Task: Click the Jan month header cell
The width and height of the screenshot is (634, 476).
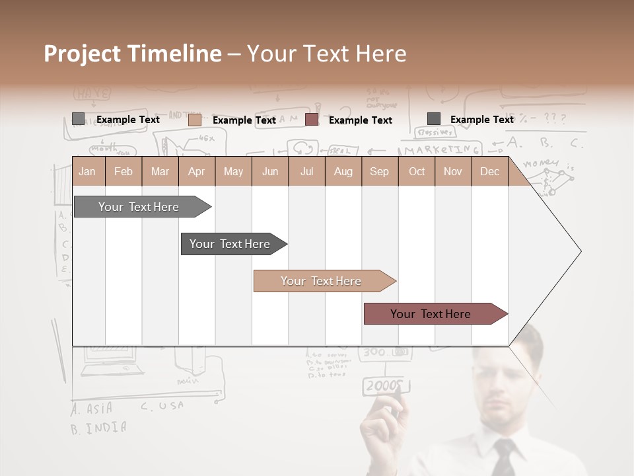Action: [88, 171]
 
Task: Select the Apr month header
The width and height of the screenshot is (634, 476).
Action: [197, 171]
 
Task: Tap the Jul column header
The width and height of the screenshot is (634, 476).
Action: [307, 171]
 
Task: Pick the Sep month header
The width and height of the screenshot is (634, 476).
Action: [379, 171]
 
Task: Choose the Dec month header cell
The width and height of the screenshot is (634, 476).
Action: [489, 171]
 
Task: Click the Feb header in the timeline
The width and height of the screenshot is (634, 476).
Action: [123, 171]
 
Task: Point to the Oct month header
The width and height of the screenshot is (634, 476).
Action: [417, 171]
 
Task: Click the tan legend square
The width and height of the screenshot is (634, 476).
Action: [195, 120]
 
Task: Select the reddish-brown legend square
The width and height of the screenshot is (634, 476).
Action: [312, 120]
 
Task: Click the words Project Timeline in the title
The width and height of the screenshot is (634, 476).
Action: [132, 54]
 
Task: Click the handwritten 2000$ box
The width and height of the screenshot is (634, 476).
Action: [383, 385]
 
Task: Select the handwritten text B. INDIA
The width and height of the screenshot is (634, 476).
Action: [98, 428]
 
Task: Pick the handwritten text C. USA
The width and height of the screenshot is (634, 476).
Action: [162, 406]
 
